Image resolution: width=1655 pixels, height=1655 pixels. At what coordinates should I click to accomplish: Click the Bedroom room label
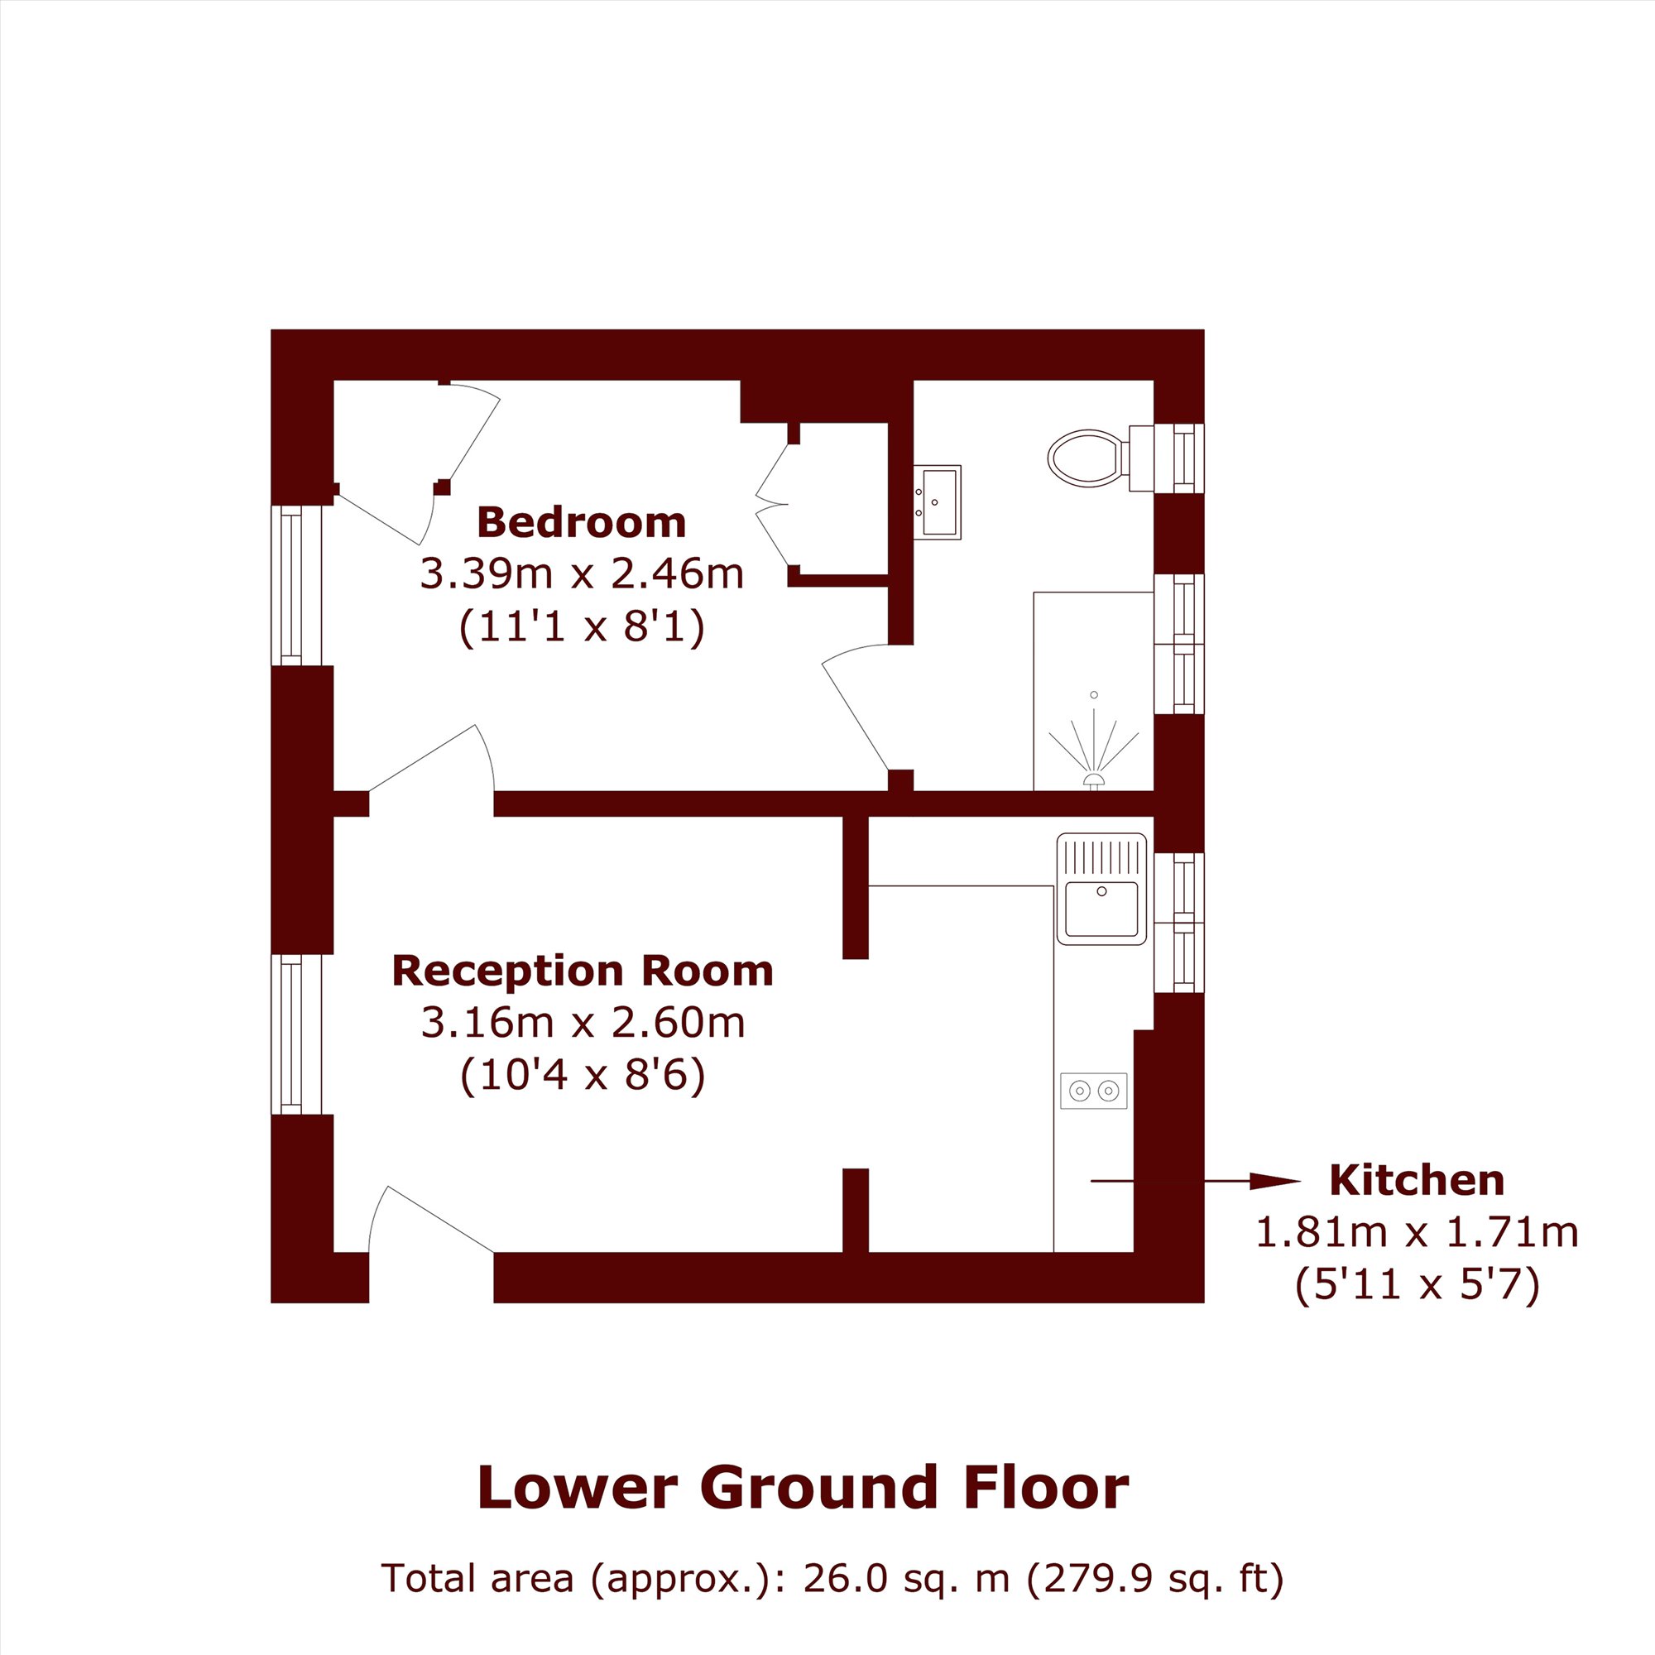point(582,522)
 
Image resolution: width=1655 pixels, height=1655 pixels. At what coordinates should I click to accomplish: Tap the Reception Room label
point(583,971)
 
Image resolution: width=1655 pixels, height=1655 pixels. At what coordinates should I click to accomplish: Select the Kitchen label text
point(1417,1181)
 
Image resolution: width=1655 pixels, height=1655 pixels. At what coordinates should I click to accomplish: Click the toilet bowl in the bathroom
point(1086,458)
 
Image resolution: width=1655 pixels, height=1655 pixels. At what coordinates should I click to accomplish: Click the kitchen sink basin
point(1101,909)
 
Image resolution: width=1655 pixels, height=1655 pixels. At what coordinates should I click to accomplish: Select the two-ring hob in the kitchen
point(1094,1091)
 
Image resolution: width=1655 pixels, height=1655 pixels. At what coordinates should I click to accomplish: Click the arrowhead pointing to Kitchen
point(1275,1182)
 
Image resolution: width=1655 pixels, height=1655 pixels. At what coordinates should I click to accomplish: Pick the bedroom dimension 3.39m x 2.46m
point(582,574)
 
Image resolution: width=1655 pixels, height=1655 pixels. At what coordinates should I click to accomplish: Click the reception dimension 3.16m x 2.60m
point(583,1023)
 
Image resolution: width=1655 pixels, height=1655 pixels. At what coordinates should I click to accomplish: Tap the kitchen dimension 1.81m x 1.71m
point(1417,1232)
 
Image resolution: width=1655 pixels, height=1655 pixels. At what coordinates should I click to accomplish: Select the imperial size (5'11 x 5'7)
point(1417,1285)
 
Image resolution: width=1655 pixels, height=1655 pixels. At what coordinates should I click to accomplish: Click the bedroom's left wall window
point(296,585)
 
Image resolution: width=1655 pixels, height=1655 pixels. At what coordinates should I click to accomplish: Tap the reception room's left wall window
point(296,1034)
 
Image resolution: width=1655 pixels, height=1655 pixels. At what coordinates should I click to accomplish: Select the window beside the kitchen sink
point(1178,923)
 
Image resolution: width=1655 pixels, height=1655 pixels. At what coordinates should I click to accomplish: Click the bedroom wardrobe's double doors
point(772,505)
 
